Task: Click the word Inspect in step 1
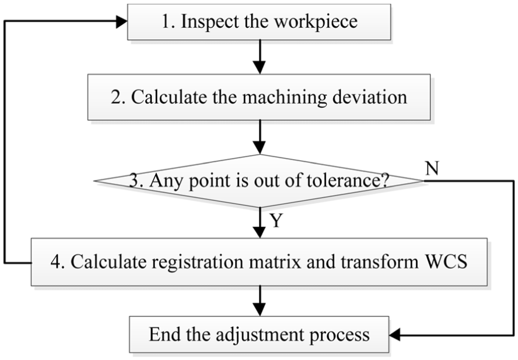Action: point(210,22)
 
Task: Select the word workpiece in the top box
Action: point(316,22)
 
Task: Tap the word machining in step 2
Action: point(285,98)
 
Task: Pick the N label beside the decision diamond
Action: point(432,168)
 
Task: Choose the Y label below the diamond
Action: point(277,220)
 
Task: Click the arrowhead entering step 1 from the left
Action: point(122,22)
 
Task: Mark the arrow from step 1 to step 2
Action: point(260,57)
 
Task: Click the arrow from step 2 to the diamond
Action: point(260,137)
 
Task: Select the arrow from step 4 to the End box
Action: point(260,301)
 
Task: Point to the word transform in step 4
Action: point(379,262)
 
